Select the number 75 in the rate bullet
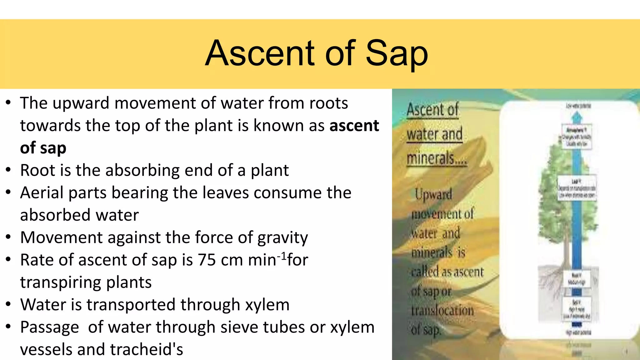click(x=207, y=260)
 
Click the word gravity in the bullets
click(x=282, y=237)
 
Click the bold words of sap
click(x=43, y=148)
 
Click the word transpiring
click(x=86, y=282)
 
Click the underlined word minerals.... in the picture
click(x=436, y=158)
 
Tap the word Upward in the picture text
click(x=433, y=194)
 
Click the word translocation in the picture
click(x=442, y=311)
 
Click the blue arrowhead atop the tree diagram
click(x=577, y=117)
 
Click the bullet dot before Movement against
click(x=8, y=237)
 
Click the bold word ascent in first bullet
click(x=354, y=126)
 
